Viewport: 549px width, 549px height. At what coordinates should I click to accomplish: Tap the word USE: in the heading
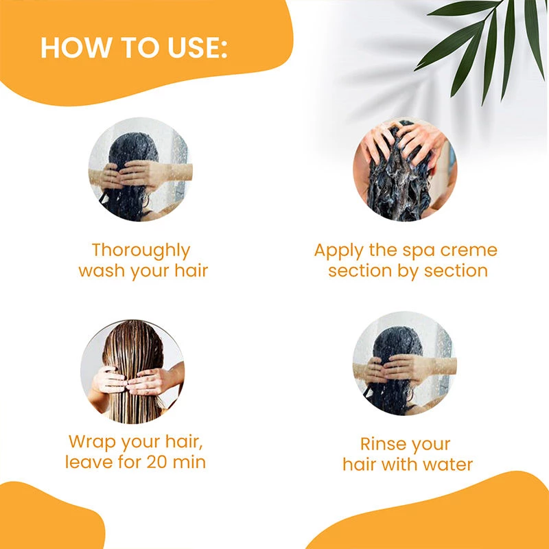[x=198, y=47]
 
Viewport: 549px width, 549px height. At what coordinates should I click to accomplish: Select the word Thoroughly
[x=141, y=251]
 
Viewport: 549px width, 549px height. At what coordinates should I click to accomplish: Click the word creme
[x=469, y=250]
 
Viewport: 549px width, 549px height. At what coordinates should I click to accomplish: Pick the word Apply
[x=338, y=251]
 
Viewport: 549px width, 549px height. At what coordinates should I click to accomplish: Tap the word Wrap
[x=93, y=442]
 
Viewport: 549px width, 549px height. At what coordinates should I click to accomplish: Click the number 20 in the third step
[x=157, y=462]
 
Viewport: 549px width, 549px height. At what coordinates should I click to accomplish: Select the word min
[x=189, y=462]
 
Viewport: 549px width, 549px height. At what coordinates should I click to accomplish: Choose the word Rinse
[x=381, y=444]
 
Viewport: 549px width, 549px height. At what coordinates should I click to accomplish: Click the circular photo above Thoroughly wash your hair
[x=141, y=170]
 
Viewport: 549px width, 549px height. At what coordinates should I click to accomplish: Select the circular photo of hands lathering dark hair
[x=405, y=170]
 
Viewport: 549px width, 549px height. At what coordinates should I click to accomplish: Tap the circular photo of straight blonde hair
[x=132, y=371]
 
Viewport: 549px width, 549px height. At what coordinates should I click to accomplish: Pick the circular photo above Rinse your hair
[x=405, y=364]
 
